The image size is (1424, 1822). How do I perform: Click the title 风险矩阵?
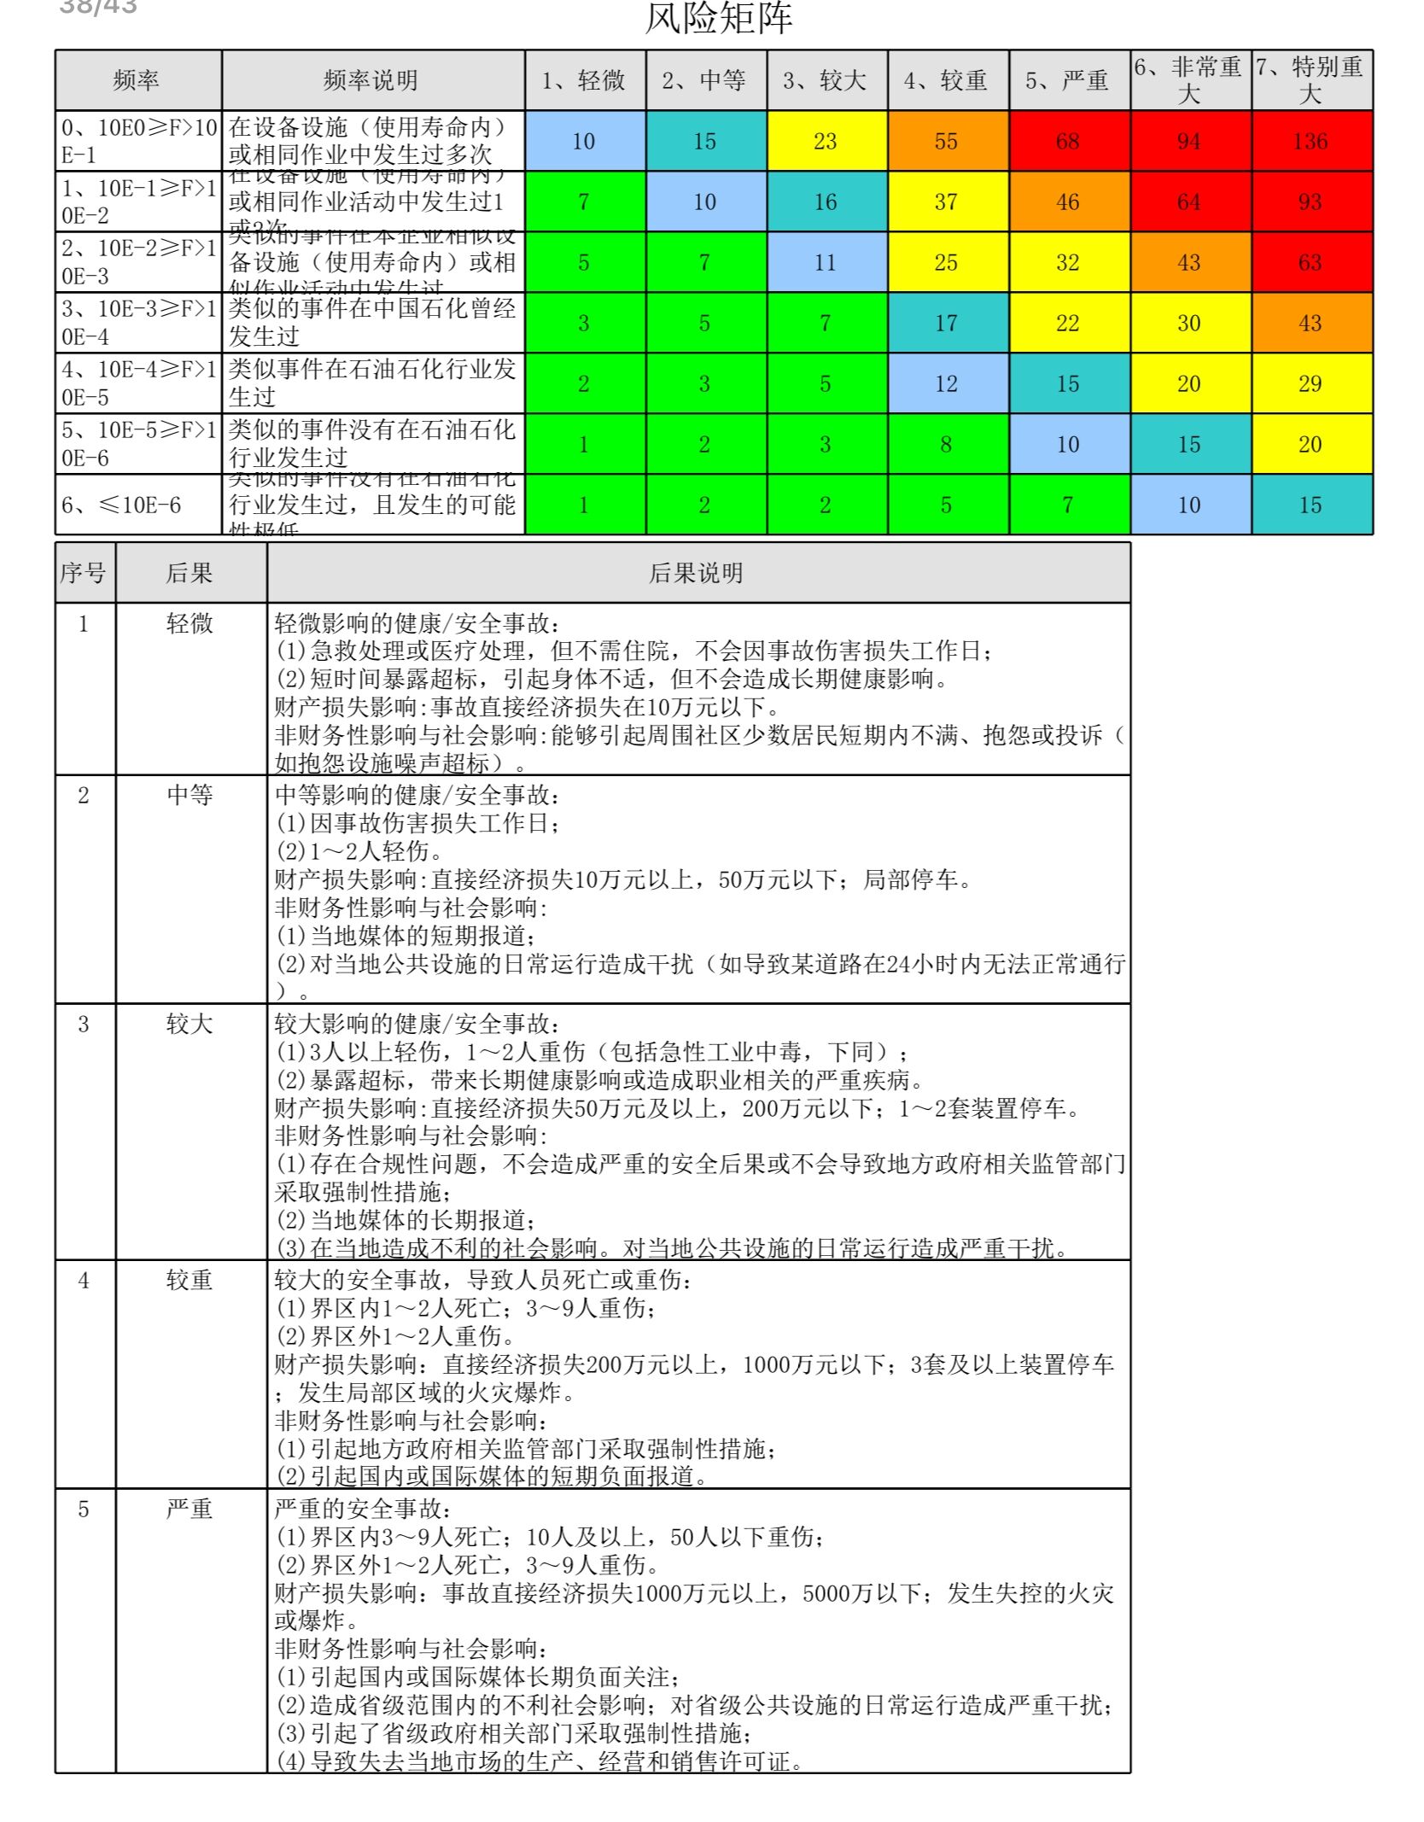[718, 19]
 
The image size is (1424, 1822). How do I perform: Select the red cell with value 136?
[1310, 141]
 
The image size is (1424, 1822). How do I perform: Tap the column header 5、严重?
[1067, 80]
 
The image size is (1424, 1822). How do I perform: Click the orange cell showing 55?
[946, 141]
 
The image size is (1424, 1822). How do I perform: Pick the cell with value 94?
[1189, 141]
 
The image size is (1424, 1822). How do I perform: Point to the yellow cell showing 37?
[946, 201]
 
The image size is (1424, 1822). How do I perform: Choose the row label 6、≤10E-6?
[121, 505]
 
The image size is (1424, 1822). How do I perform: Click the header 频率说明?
[371, 80]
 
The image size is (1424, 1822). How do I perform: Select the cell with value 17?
[946, 323]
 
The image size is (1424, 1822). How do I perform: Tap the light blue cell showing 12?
[946, 383]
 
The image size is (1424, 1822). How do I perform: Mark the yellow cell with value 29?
[1310, 383]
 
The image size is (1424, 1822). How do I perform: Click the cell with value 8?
[946, 444]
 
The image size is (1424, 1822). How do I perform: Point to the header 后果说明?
[697, 573]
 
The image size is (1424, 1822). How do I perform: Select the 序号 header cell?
[84, 573]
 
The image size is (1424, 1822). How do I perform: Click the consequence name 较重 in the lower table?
[190, 1280]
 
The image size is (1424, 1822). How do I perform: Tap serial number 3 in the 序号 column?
[84, 1024]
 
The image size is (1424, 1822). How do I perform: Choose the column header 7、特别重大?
[1310, 80]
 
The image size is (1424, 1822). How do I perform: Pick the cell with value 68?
[1067, 141]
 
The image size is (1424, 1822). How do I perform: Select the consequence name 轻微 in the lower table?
[190, 623]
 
